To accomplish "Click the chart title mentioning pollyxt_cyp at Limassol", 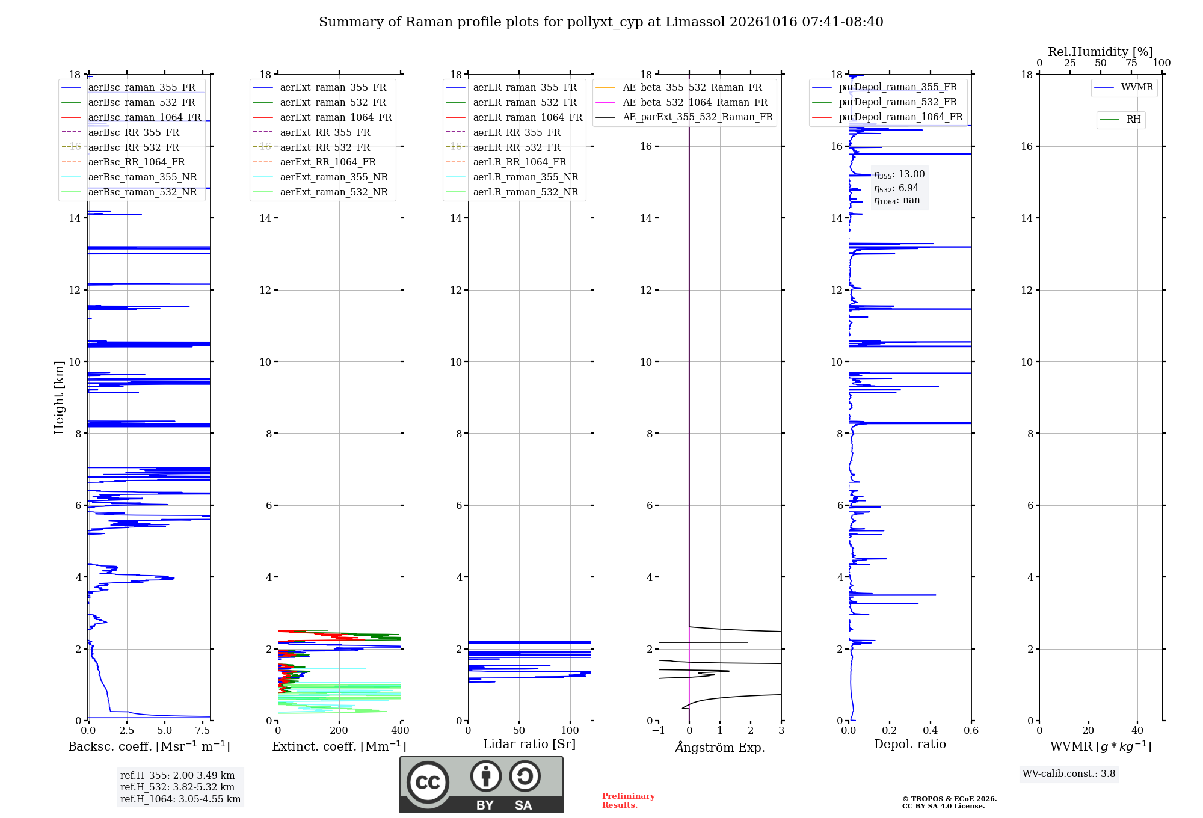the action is [601, 22].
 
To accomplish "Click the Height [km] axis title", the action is [59, 398].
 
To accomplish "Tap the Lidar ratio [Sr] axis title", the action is [529, 744].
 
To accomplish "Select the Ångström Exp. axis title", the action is [720, 747].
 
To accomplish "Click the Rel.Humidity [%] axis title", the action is [1101, 52].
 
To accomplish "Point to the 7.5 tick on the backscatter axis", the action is [203, 731].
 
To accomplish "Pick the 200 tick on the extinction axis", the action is [339, 731].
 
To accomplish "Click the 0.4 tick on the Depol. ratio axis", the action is [931, 731].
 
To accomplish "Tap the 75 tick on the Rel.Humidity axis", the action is [1131, 63].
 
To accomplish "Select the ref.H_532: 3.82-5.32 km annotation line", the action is [177, 787].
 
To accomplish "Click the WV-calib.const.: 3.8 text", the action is [1069, 773].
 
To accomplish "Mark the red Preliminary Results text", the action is [629, 801].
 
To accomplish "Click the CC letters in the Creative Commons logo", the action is [428, 783].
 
